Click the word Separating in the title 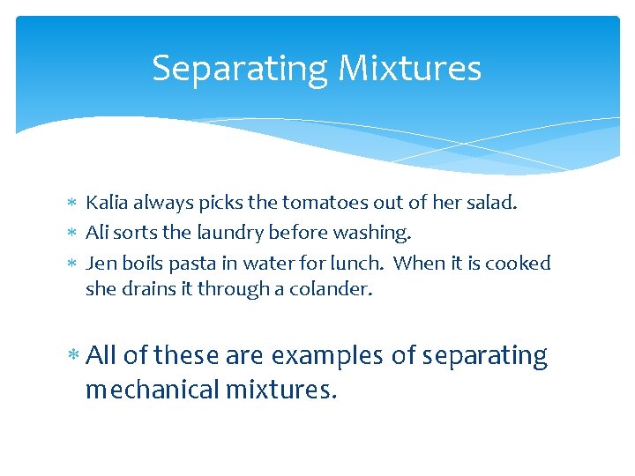tap(228, 69)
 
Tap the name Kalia tap(106, 203)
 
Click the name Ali tap(97, 233)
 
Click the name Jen tap(99, 263)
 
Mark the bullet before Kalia tap(72, 204)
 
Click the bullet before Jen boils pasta tap(72, 264)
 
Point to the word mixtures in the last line tap(281, 389)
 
